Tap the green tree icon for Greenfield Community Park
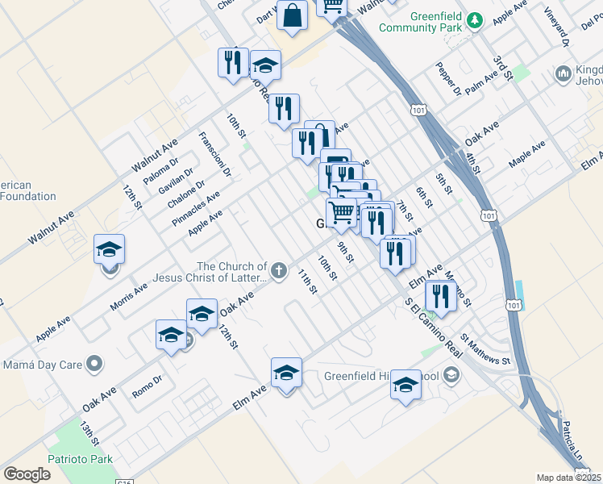(476, 19)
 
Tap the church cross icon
(279, 270)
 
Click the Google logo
(27, 474)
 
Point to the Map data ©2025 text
(569, 478)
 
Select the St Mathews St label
(486, 349)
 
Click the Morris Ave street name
(129, 297)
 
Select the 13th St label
(89, 432)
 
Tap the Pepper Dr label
(448, 79)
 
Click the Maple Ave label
(527, 154)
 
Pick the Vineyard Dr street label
(555, 26)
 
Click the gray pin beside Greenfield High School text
(451, 375)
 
